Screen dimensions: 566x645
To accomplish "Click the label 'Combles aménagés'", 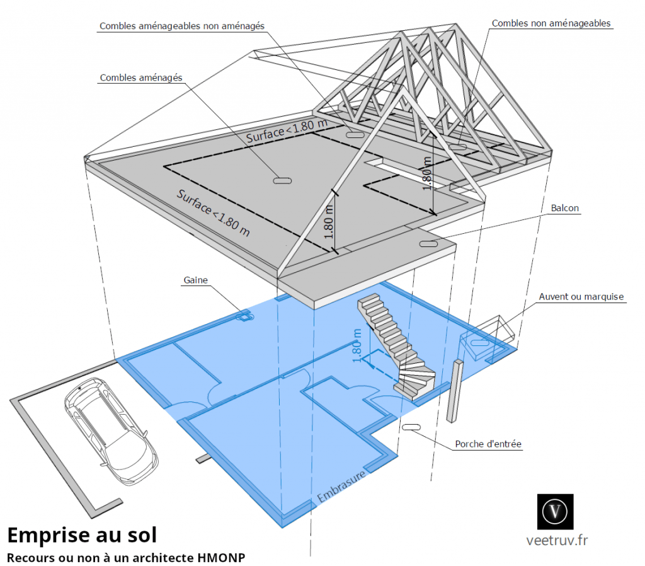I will pyautogui.click(x=140, y=78).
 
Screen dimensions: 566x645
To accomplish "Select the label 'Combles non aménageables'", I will pyautogui.click(x=551, y=23).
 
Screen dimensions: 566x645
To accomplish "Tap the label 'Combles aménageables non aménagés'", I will pyautogui.click(x=181, y=26).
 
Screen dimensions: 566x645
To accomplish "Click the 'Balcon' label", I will pyautogui.click(x=564, y=207).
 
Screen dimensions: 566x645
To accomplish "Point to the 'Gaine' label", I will pyautogui.click(x=195, y=280).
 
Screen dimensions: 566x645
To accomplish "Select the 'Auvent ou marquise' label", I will pyautogui.click(x=581, y=296).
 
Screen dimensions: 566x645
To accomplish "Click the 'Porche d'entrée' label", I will pyautogui.click(x=488, y=444).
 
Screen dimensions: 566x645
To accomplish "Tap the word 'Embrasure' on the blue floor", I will pyautogui.click(x=341, y=488).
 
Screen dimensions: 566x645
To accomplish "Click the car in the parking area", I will pyautogui.click(x=110, y=429).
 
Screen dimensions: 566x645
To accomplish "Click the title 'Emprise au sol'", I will pyautogui.click(x=82, y=534).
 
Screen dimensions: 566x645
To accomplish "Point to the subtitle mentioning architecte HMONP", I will pyautogui.click(x=125, y=557).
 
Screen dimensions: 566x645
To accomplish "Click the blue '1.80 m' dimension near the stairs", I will pyautogui.click(x=357, y=345).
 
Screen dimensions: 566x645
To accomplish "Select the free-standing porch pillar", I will pyautogui.click(x=454, y=390).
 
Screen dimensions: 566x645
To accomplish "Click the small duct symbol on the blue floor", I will pyautogui.click(x=243, y=316).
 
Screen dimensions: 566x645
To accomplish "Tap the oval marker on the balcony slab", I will pyautogui.click(x=428, y=244).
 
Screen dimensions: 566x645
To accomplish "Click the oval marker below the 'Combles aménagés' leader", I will pyautogui.click(x=282, y=181).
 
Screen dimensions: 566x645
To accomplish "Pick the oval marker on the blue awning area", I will pyautogui.click(x=481, y=343).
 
